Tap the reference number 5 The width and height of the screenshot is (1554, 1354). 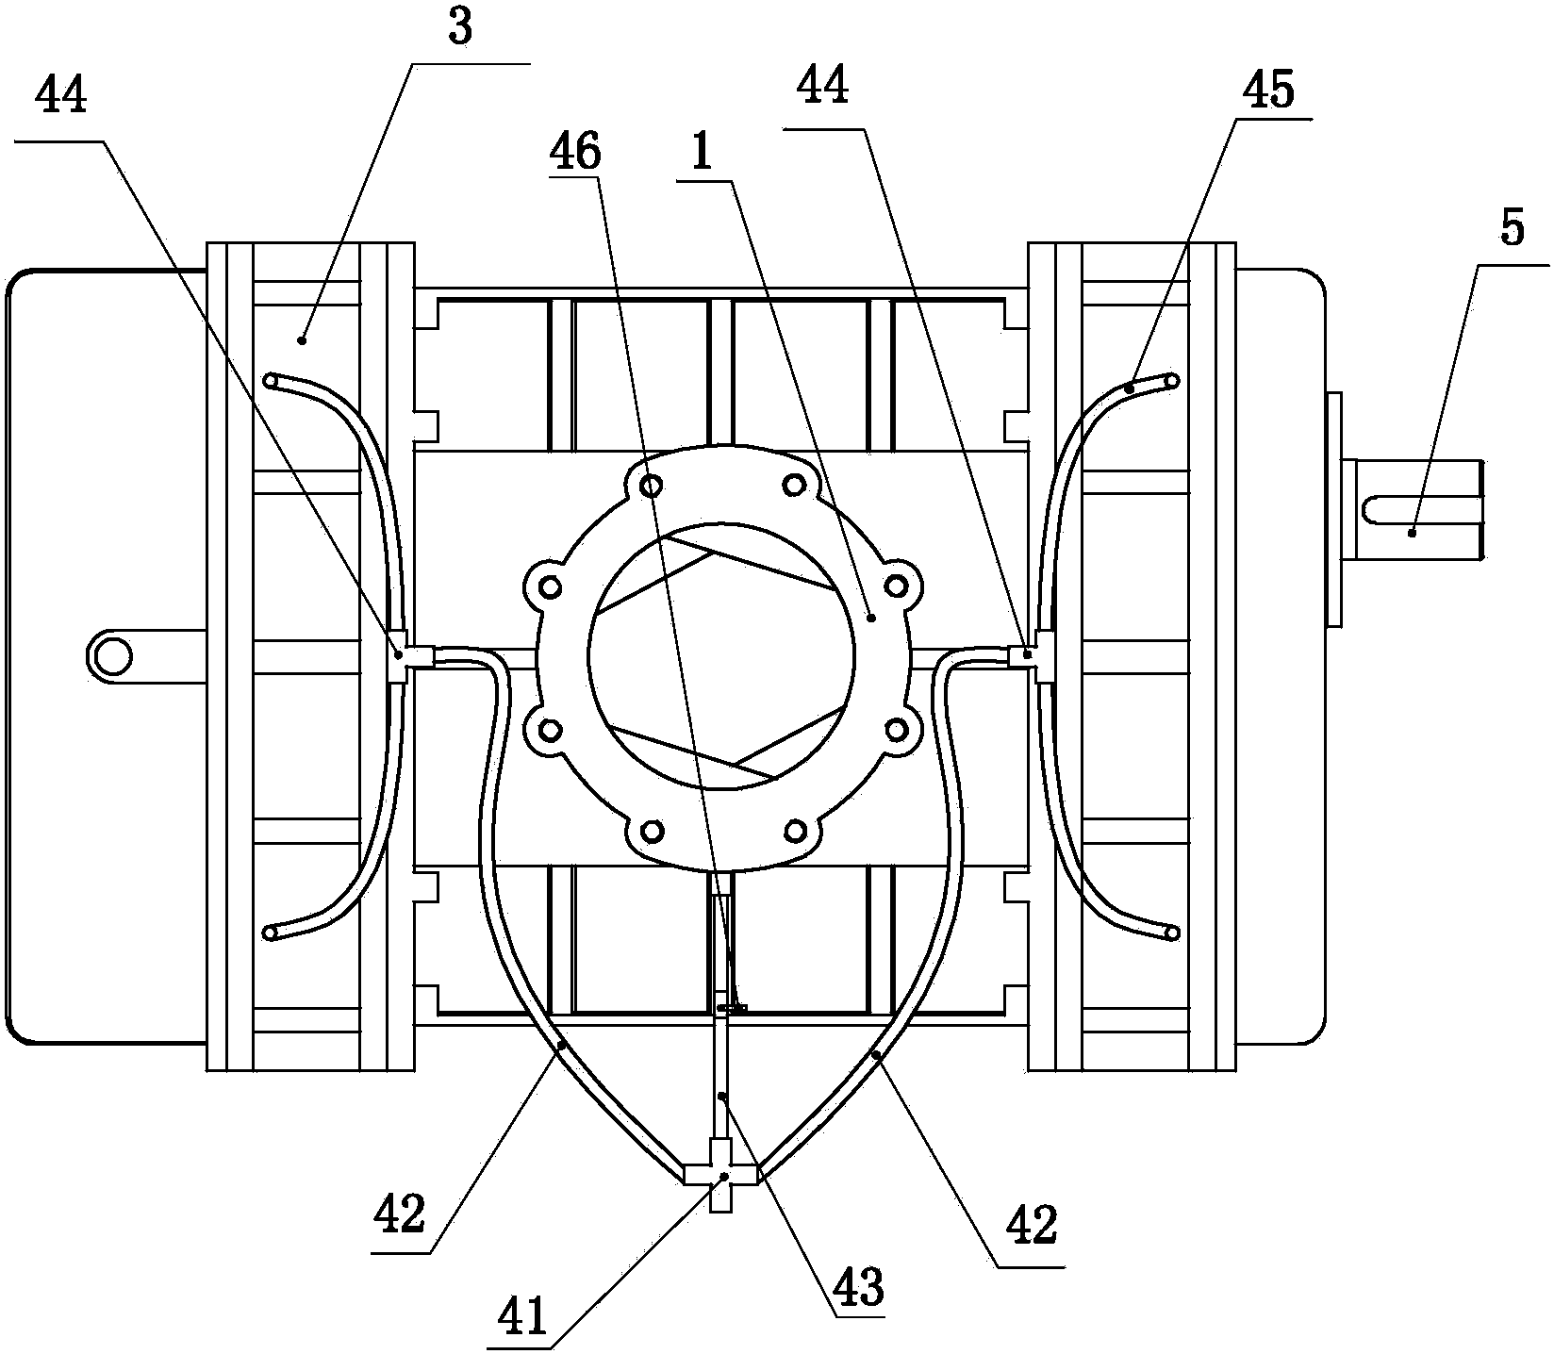(1512, 228)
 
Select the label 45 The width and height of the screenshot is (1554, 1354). (1267, 91)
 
